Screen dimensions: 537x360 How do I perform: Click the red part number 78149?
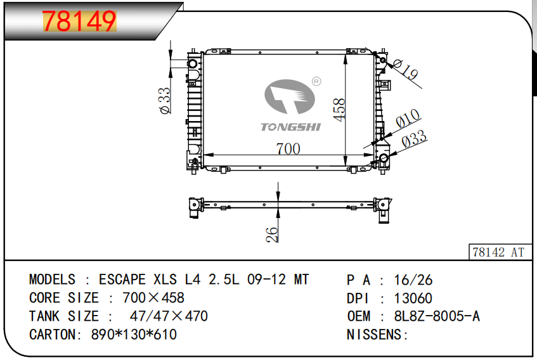pos(79,21)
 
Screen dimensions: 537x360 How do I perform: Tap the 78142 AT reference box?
pos(500,252)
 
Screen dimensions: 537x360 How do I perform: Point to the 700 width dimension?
pos(288,148)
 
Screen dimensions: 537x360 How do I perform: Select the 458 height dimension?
pos(339,110)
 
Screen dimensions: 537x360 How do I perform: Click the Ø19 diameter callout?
pos(406,70)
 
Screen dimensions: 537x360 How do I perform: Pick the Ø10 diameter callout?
pos(408,119)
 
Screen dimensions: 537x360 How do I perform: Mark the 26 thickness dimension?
pos(272,235)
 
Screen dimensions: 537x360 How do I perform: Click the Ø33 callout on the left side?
pos(165,100)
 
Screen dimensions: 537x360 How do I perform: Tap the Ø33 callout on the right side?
pos(414,139)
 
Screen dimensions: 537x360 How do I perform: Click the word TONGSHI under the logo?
pos(291,127)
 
